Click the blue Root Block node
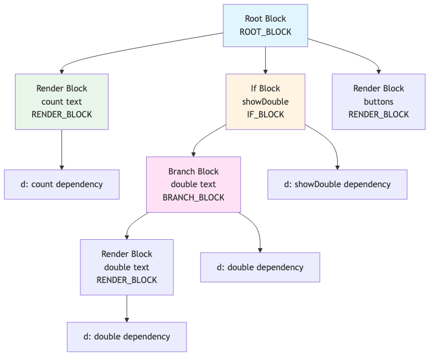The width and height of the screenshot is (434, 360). pyautogui.click(x=265, y=25)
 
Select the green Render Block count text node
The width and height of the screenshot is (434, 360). pyautogui.click(x=61, y=101)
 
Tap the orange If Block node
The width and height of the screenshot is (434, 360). pyautogui.click(x=265, y=101)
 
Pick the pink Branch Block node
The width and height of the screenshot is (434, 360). pyautogui.click(x=193, y=184)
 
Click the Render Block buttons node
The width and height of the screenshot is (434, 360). pyautogui.click(x=379, y=101)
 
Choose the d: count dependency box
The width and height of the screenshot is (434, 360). pyautogui.click(x=61, y=184)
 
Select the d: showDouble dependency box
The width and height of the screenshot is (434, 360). pyautogui.click(x=337, y=184)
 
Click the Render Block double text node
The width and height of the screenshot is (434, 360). pyautogui.click(x=127, y=267)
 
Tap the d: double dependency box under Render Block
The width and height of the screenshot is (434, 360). pyautogui.click(x=127, y=337)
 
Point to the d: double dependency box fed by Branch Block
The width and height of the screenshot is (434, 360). pyautogui.click(x=260, y=268)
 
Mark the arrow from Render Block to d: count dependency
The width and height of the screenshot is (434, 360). pyautogui.click(x=61, y=150)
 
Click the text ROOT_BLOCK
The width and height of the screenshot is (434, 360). pyautogui.click(x=265, y=32)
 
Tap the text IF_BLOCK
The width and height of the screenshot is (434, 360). pyautogui.click(x=265, y=115)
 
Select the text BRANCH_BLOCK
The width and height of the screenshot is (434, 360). pyautogui.click(x=193, y=198)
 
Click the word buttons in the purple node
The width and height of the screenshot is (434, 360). pyautogui.click(x=379, y=101)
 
